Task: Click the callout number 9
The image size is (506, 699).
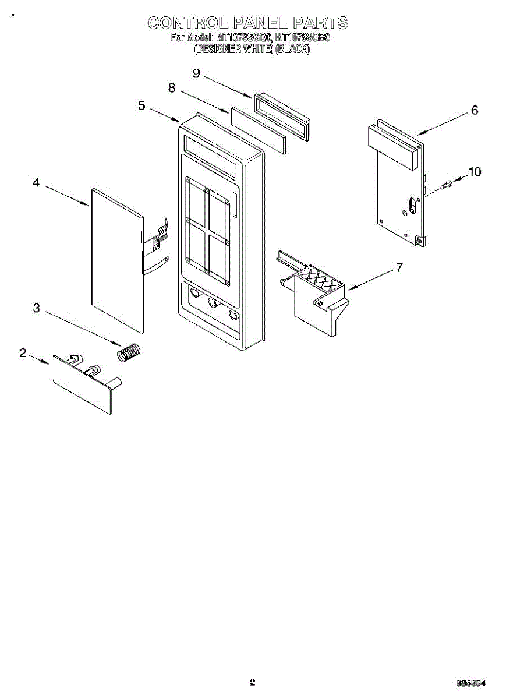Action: [x=196, y=73]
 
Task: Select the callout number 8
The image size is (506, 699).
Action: [x=172, y=88]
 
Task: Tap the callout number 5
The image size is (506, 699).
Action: [x=141, y=105]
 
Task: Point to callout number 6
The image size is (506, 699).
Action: [x=475, y=110]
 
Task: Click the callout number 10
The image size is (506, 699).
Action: [x=475, y=171]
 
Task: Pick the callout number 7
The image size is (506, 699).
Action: [x=399, y=268]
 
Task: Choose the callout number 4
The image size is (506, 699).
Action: [x=36, y=183]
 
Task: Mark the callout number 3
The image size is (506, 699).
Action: [x=36, y=308]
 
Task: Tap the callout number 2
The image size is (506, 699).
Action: [x=23, y=352]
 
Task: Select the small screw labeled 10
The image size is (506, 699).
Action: [x=447, y=185]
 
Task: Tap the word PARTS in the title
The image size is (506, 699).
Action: [x=320, y=23]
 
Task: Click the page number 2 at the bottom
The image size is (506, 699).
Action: [x=252, y=683]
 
